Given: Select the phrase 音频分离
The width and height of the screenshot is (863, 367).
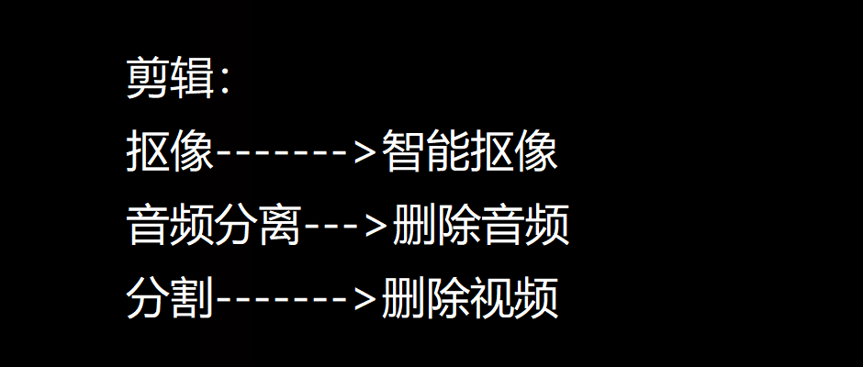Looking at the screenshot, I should [x=214, y=226].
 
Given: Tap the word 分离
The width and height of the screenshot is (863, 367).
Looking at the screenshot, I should [x=258, y=226].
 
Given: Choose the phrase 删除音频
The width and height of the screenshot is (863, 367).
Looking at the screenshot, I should [x=480, y=226].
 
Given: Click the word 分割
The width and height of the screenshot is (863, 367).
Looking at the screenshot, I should [x=170, y=299].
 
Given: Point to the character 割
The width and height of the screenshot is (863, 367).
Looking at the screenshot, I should [x=192, y=299].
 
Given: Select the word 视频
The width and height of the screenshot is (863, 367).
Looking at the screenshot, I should [x=513, y=299].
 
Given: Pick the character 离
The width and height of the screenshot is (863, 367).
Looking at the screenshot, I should [x=280, y=226].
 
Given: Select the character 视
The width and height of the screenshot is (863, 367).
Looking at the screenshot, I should [x=491, y=299].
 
